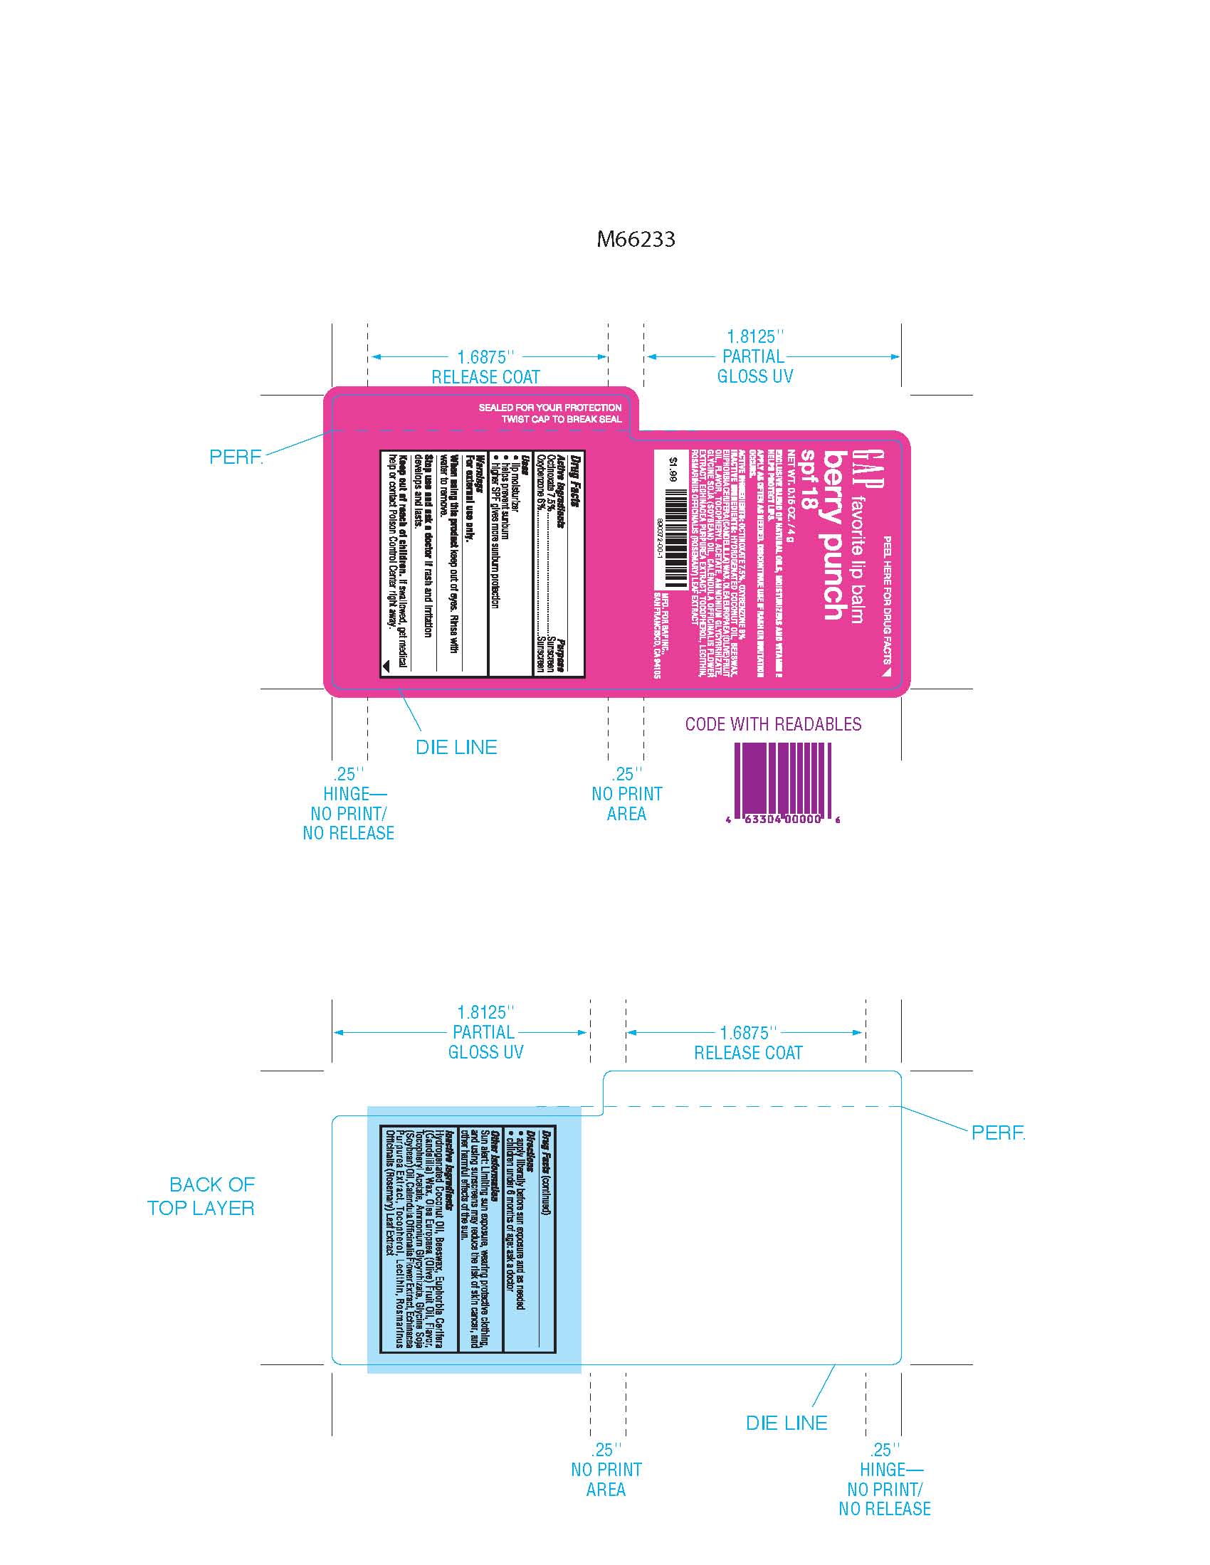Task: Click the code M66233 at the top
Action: (636, 239)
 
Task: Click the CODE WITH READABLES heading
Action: (773, 723)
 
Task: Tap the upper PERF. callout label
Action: (236, 457)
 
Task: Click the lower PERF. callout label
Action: (998, 1133)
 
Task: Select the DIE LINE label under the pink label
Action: (456, 748)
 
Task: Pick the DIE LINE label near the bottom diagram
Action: (786, 1423)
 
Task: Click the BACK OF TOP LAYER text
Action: (201, 1196)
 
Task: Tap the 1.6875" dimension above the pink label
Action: (486, 357)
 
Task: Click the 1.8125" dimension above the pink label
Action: (755, 336)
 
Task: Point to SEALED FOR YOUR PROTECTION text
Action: (549, 408)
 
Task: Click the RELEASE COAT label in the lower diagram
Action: (747, 1053)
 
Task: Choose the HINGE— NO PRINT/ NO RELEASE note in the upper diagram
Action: (348, 813)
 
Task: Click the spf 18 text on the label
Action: (809, 479)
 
